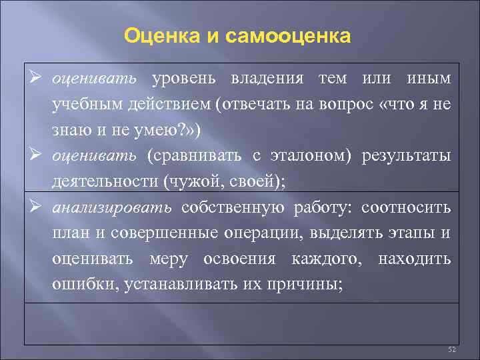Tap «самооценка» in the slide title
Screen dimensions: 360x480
coord(288,35)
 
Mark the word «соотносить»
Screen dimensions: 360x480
coord(406,207)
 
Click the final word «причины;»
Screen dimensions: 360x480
coord(311,283)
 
